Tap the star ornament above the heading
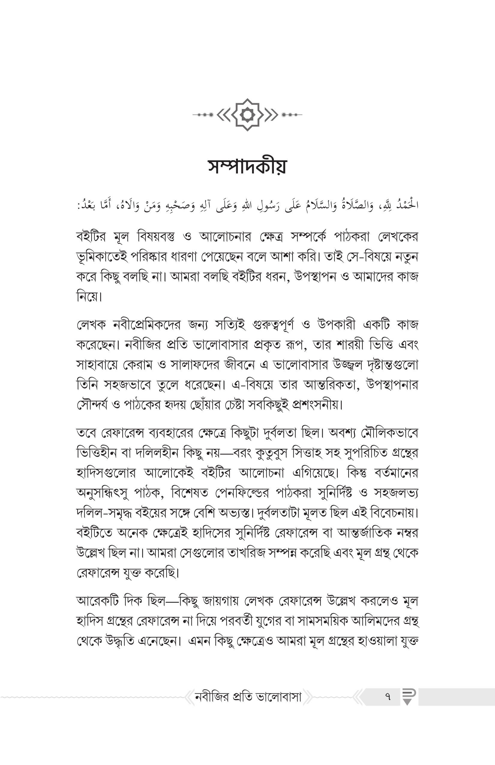[247, 114]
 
